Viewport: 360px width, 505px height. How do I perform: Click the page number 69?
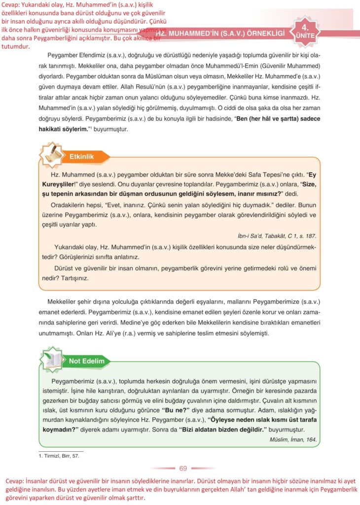click(x=183, y=468)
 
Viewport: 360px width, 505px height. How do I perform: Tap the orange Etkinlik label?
click(x=81, y=156)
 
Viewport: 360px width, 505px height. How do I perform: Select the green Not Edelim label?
click(x=86, y=361)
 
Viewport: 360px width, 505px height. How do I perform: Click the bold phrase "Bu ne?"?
click(x=176, y=409)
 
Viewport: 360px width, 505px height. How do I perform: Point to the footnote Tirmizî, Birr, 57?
click(x=59, y=456)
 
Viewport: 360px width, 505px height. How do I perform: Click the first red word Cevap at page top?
click(x=10, y=4)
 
